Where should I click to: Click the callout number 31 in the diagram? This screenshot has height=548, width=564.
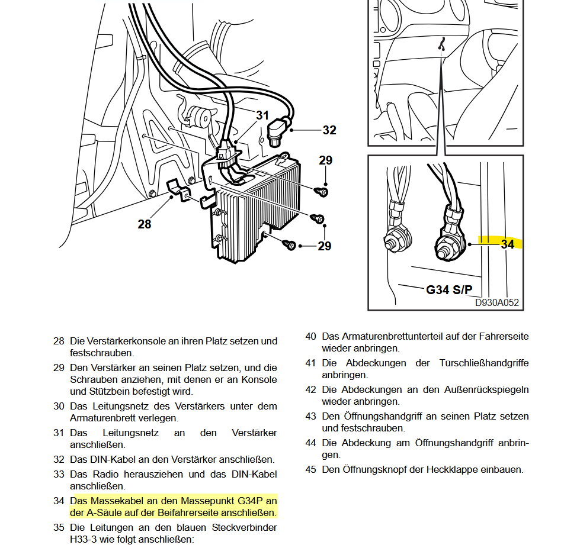[262, 115]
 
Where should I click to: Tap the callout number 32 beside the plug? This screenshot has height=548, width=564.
[329, 130]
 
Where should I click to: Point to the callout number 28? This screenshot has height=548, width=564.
[144, 224]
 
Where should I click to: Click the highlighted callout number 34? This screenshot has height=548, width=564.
[508, 244]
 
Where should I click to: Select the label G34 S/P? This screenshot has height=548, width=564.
[449, 289]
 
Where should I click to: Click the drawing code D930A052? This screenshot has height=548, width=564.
[496, 302]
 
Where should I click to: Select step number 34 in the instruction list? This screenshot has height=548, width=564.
[59, 501]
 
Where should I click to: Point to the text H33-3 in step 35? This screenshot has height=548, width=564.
[83, 539]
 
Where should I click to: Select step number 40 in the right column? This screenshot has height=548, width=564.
[311, 337]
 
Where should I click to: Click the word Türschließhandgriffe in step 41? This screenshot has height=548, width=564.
[484, 363]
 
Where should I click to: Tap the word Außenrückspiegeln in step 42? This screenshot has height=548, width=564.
[486, 390]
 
